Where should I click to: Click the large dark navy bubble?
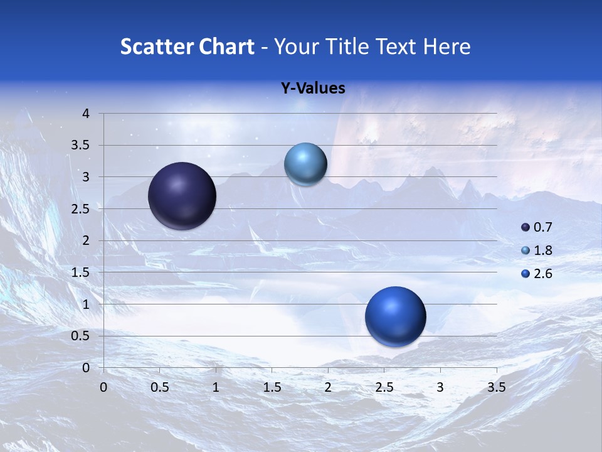click(182, 196)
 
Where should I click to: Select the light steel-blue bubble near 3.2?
click(305, 164)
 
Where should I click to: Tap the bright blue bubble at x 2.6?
click(395, 316)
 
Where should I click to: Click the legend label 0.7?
click(542, 227)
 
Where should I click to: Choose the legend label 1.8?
click(542, 250)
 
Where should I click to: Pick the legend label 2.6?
click(542, 274)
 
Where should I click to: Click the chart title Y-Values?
click(313, 89)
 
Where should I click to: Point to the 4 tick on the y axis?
click(86, 114)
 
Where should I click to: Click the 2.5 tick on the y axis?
click(81, 209)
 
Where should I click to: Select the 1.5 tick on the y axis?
click(81, 272)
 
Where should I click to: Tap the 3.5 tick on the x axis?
click(496, 387)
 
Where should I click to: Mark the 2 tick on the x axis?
click(327, 387)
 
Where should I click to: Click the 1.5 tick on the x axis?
click(272, 387)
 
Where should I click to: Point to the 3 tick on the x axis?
click(440, 387)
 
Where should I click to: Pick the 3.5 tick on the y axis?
click(81, 146)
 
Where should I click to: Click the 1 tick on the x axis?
click(216, 387)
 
